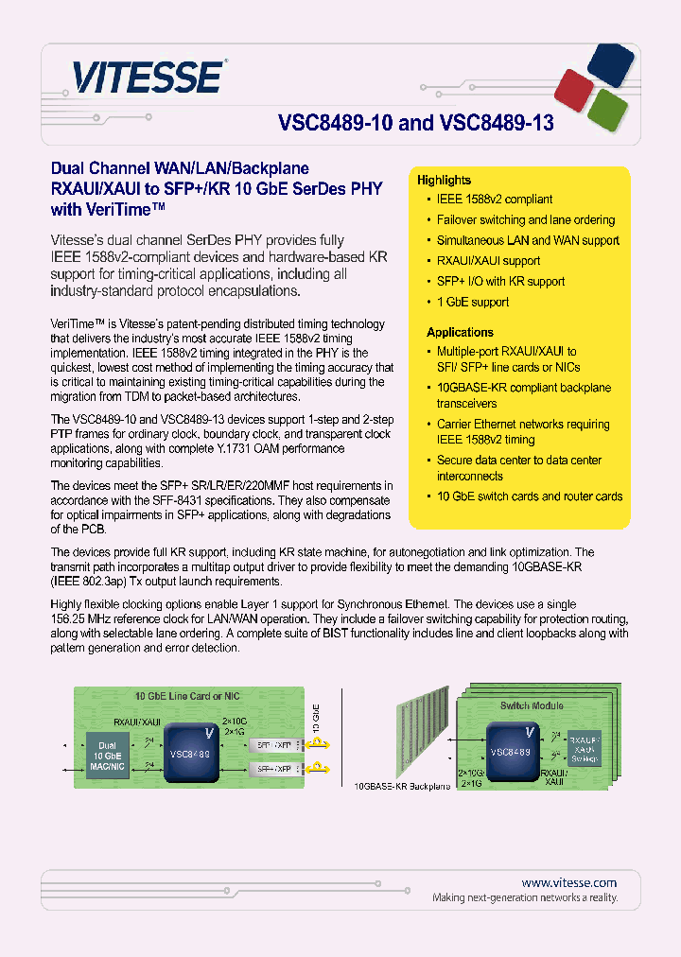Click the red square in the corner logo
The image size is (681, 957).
[577, 87]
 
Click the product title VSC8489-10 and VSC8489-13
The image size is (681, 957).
[415, 124]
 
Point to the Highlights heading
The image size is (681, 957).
[444, 180]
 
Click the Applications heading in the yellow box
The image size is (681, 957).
[460, 332]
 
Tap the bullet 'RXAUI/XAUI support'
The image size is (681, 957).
[488, 261]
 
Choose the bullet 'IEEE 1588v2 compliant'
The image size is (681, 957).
[494, 200]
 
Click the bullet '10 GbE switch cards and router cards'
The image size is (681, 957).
[529, 496]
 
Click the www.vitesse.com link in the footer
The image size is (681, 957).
[568, 881]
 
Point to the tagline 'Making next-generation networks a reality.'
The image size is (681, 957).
[525, 897]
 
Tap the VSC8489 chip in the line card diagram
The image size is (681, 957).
[188, 754]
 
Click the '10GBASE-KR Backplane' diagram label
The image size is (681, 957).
[403, 786]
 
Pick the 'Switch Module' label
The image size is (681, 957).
[531, 705]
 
